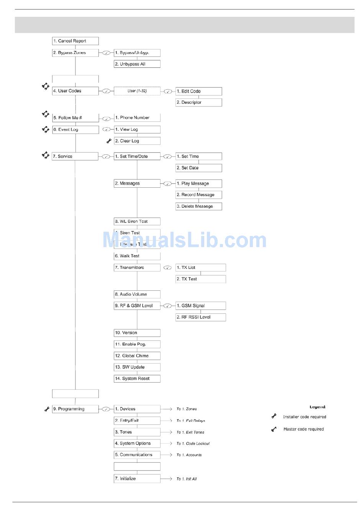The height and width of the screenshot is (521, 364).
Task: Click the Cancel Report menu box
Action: coord(75,41)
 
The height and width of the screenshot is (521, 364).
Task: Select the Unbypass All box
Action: coord(137,64)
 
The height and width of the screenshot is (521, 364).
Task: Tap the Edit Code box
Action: coord(198,91)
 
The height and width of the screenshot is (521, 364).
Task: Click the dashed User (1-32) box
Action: coord(137,91)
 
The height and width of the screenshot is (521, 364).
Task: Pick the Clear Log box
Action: coord(137,141)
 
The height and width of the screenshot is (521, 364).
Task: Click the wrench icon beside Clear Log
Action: coord(109,141)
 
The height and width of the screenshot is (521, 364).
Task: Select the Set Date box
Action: coord(198,168)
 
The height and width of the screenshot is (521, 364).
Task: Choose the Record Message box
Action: coord(198,195)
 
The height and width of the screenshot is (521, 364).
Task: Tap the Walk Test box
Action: coord(137,256)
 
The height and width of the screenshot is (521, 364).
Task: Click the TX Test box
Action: coord(200,279)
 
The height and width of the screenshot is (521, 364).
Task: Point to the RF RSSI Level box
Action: coord(200,317)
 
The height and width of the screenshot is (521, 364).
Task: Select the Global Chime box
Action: coord(137,356)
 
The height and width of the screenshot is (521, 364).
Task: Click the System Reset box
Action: coord(137,378)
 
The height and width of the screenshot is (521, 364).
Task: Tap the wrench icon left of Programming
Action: coord(47,409)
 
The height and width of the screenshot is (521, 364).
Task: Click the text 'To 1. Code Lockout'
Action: coord(193,444)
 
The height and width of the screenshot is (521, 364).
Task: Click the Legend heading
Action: coord(317,407)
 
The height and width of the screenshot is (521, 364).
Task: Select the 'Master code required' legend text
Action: coord(303,429)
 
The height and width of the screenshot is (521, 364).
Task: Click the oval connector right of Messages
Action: coord(167,183)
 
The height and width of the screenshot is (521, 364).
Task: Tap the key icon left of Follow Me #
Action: coord(46,114)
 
